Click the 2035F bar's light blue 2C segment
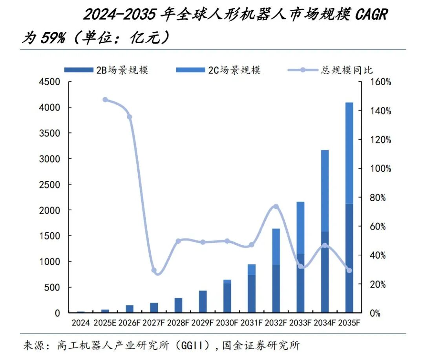coord(349,153)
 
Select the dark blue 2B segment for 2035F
coord(349,258)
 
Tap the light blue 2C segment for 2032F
coord(276,246)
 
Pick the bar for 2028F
coord(179,305)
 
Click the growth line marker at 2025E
coord(105,100)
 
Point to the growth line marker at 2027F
coord(154,270)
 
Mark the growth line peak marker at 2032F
coord(276,206)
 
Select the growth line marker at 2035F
coord(349,270)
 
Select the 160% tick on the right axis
coord(381,82)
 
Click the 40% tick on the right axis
coord(381,255)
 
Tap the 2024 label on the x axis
coord(81,323)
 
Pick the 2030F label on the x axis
coord(227,323)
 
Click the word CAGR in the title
coord(371,15)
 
